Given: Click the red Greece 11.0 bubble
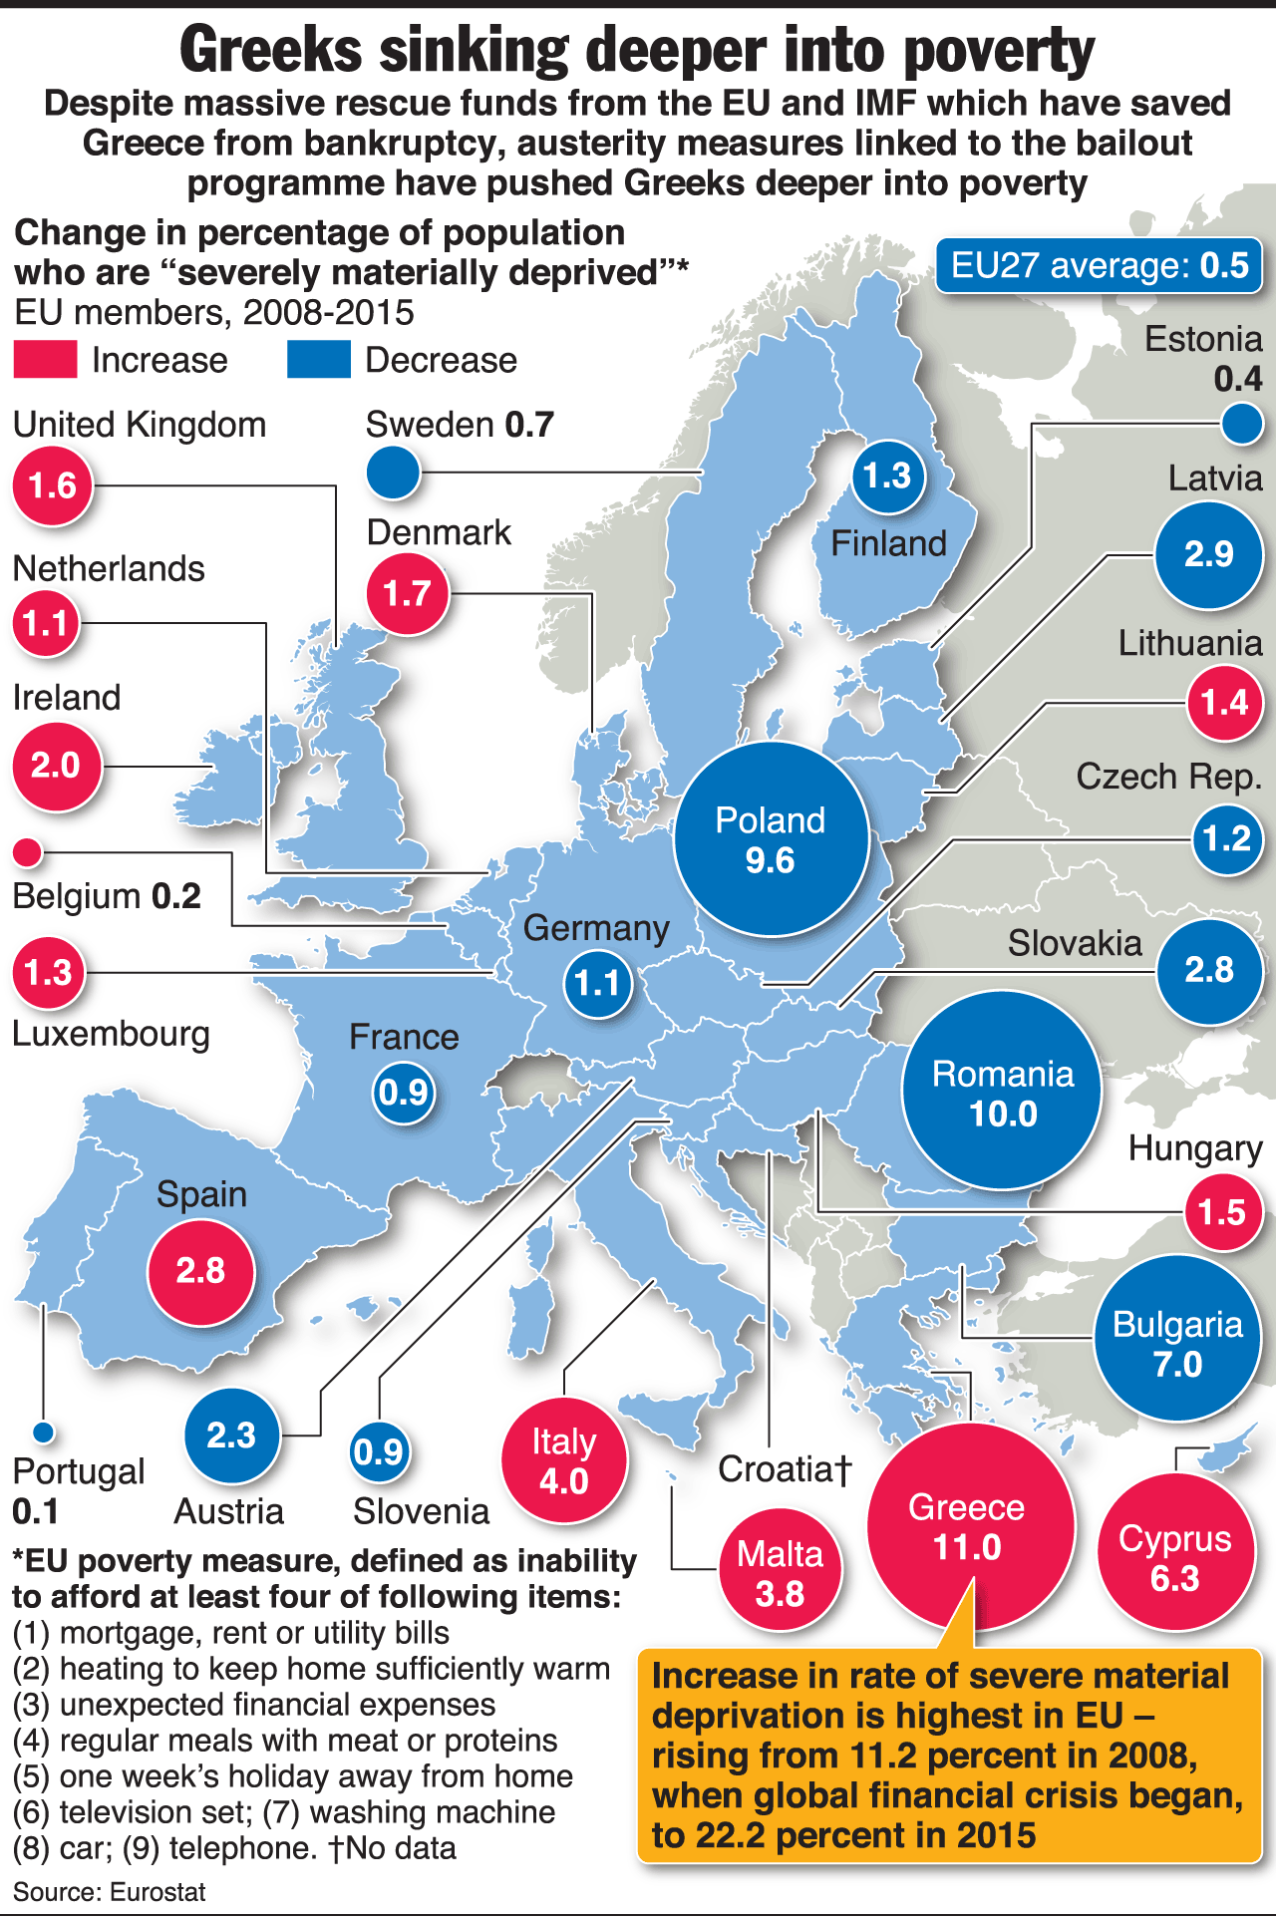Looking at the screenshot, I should pyautogui.click(x=970, y=1526).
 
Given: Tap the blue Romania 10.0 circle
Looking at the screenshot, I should pyautogui.click(x=1002, y=1091).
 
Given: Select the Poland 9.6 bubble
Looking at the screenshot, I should pyautogui.click(x=772, y=839).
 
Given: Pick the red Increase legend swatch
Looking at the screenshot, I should pyautogui.click(x=45, y=360).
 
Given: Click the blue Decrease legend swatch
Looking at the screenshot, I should pyautogui.click(x=318, y=360).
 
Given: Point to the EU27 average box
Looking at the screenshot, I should pyautogui.click(x=1099, y=265).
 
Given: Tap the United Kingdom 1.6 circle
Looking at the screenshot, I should pyautogui.click(x=53, y=485).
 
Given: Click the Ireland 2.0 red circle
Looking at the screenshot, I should pyautogui.click(x=56, y=766).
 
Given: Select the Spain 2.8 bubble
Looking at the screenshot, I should pyautogui.click(x=200, y=1271).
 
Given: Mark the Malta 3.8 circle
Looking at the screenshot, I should pyautogui.click(x=781, y=1572).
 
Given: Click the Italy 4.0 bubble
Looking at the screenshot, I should pyautogui.click(x=564, y=1460).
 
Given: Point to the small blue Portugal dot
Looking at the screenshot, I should pyautogui.click(x=42, y=1433).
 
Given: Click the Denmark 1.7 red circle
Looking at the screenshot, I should pyautogui.click(x=407, y=593).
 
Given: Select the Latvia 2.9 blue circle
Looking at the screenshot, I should pyautogui.click(x=1209, y=554).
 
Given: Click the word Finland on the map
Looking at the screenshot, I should pyautogui.click(x=888, y=543).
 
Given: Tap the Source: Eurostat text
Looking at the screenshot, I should pyautogui.click(x=109, y=1891).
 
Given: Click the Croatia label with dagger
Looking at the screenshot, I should pyautogui.click(x=785, y=1468).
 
